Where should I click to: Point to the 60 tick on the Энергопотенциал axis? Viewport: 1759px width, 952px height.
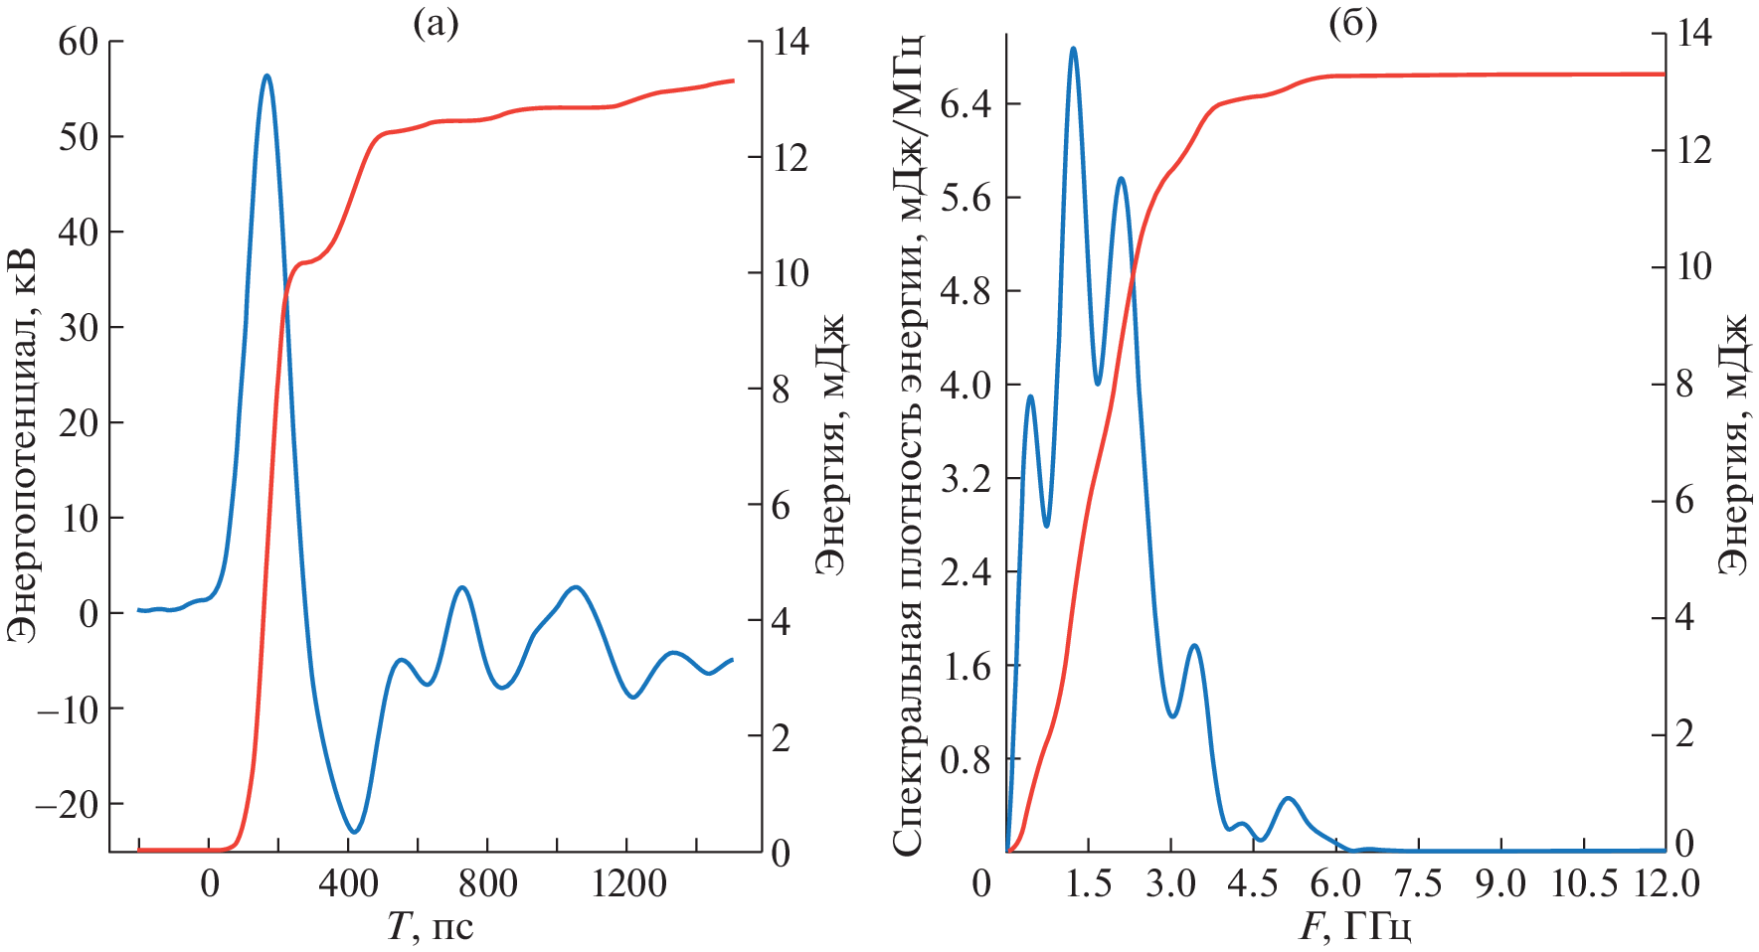[79, 42]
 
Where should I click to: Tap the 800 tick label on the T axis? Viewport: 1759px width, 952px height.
[487, 883]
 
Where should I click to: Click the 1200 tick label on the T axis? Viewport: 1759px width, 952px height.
[627, 883]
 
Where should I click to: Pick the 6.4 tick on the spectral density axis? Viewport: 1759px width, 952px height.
[965, 103]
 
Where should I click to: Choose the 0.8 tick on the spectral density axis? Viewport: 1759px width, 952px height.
[965, 759]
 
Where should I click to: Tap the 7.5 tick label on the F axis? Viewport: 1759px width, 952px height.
[1418, 883]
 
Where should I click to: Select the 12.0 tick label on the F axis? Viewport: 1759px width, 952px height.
[1667, 883]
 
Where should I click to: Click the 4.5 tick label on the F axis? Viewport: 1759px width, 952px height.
[1253, 883]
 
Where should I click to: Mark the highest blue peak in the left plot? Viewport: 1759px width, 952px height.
[266, 76]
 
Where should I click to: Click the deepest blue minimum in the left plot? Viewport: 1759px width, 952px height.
[355, 832]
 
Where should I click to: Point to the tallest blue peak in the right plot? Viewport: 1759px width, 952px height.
[1073, 48]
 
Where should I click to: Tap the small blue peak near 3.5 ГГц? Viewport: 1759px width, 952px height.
[1194, 646]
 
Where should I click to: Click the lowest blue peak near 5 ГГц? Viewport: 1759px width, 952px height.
[1289, 798]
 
